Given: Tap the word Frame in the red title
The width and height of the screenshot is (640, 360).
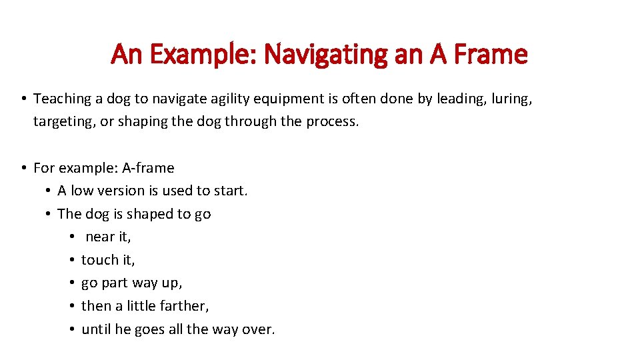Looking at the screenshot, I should point(488,54).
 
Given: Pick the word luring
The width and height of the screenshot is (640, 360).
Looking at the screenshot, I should point(510,99).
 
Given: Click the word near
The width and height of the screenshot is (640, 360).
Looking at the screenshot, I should point(101,237).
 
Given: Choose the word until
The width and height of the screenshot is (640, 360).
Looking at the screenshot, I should point(95,329).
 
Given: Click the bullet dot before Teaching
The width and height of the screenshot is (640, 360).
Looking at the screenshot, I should point(23,99).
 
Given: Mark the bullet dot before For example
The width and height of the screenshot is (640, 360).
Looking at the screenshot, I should point(23,168).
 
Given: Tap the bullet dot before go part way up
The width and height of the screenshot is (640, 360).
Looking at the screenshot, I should point(71,283).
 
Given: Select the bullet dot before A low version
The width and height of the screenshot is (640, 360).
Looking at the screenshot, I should point(47,191).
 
